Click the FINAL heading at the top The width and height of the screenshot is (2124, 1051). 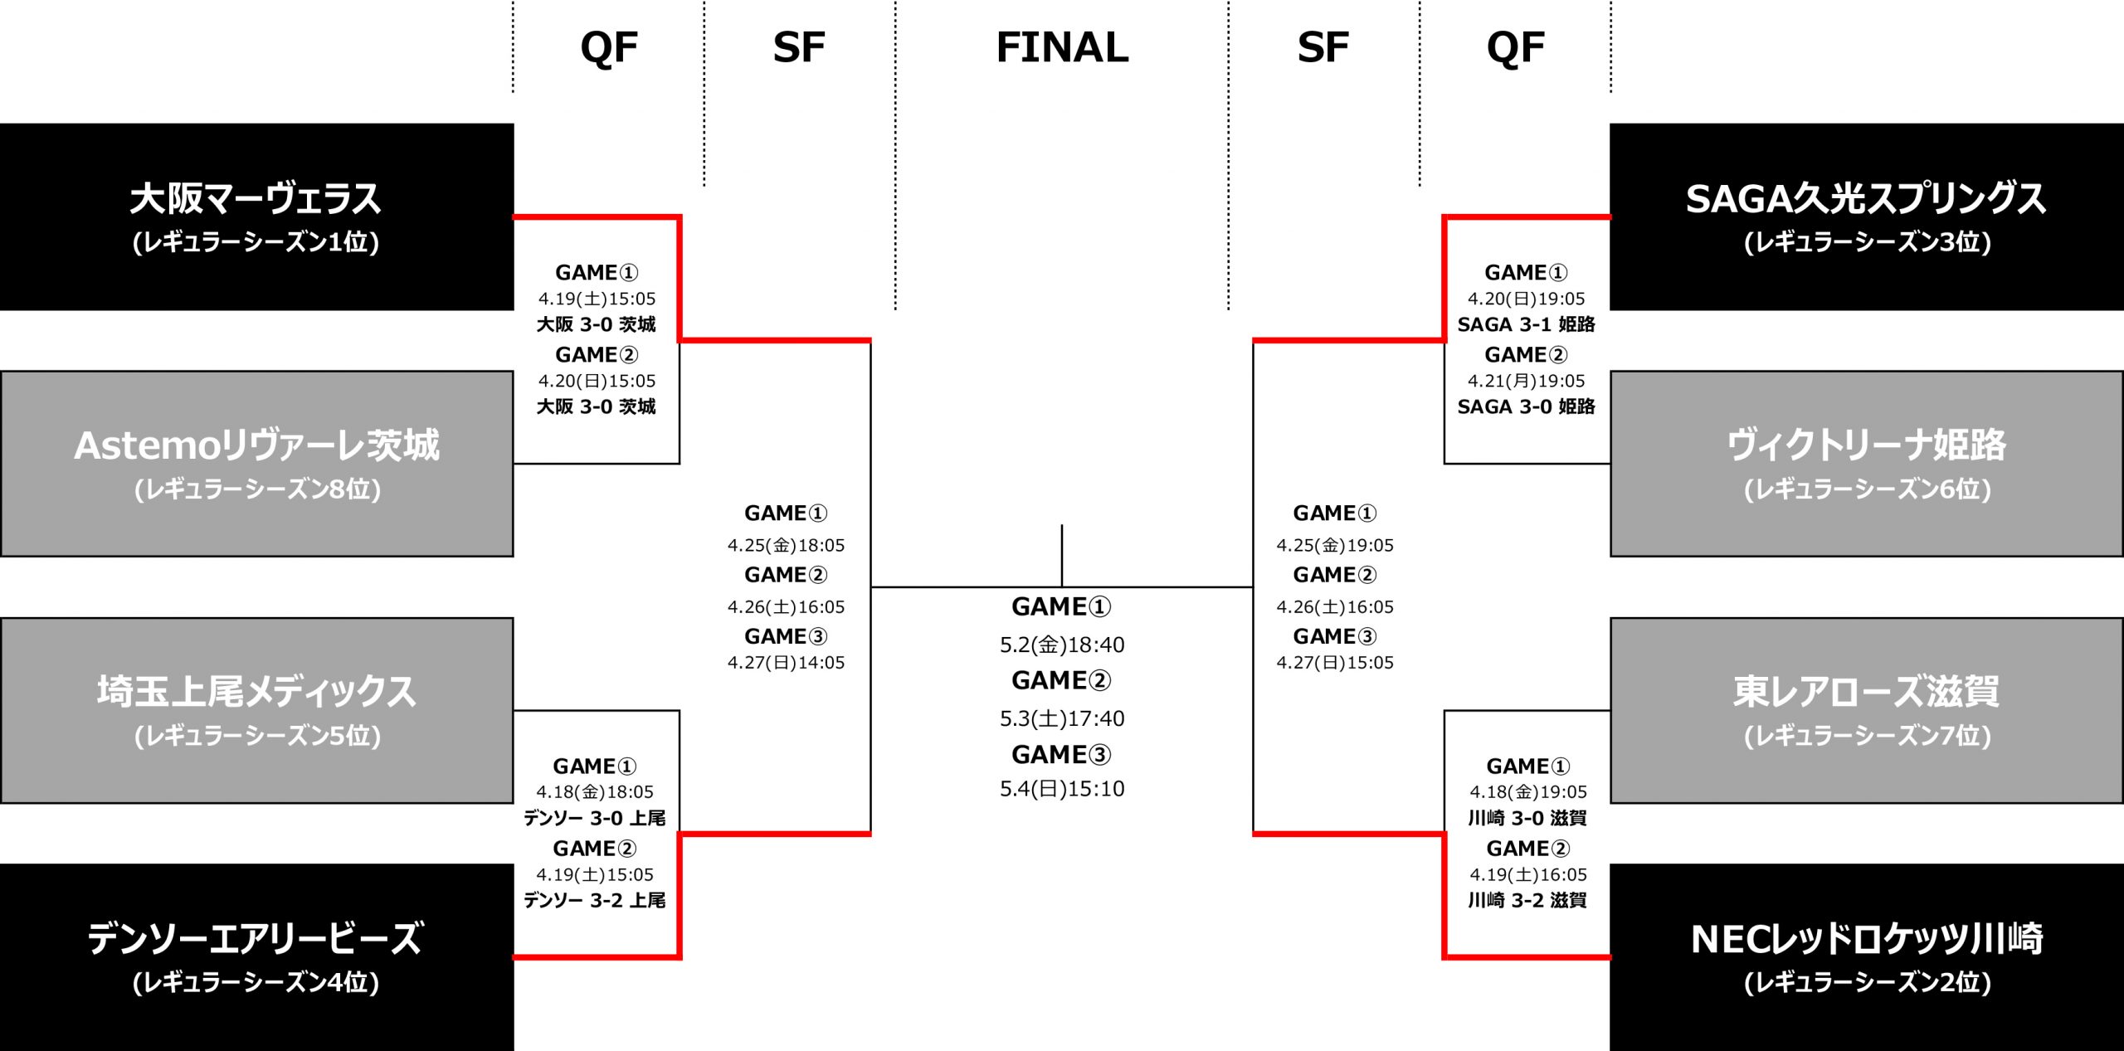click(x=1062, y=47)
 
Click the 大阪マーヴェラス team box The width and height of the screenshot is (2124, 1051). click(x=256, y=217)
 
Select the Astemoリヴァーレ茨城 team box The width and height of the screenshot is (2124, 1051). click(x=256, y=463)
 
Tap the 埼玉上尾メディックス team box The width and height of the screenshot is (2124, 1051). click(x=256, y=710)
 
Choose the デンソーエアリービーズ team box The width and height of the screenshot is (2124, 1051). click(x=256, y=956)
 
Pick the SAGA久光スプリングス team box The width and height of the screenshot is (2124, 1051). click(x=1866, y=217)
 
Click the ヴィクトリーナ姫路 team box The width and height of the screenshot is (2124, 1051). click(x=1866, y=463)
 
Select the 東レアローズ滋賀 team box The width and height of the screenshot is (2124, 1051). click(x=1866, y=710)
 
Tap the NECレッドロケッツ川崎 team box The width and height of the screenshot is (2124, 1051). click(x=1866, y=956)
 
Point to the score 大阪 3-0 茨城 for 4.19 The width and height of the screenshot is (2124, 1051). click(x=596, y=324)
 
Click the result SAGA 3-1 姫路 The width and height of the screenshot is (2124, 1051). click(x=1526, y=324)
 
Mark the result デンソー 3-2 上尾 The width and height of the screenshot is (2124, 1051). click(x=594, y=901)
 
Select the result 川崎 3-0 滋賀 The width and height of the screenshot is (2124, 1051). click(x=1527, y=819)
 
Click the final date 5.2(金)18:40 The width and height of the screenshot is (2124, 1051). click(x=1062, y=645)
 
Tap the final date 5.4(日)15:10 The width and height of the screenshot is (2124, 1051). click(x=1062, y=788)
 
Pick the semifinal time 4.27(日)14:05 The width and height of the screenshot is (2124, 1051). click(x=786, y=663)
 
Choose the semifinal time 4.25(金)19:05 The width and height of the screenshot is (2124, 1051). click(x=1335, y=545)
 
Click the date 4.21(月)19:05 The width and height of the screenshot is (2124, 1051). click(x=1526, y=381)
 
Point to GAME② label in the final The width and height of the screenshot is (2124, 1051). click(x=1061, y=680)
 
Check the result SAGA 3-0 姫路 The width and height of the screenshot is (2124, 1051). click(x=1526, y=406)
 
